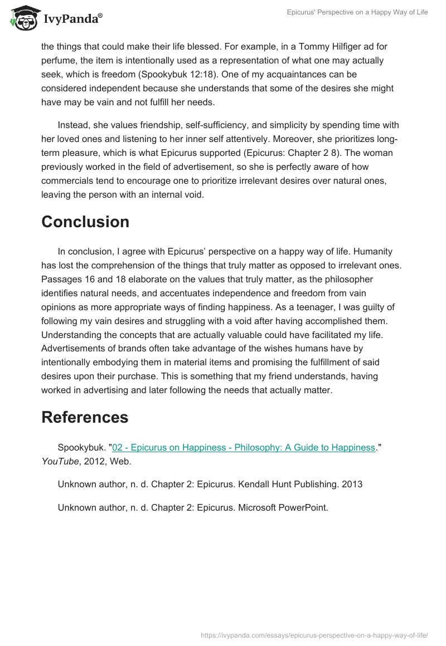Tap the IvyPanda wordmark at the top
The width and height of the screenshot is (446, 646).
[72, 19]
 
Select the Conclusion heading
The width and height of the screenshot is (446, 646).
[85, 222]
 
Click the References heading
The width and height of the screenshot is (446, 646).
[85, 417]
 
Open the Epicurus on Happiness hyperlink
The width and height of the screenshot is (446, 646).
[244, 447]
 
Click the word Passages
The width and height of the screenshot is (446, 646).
[60, 279]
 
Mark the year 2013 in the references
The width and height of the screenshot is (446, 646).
[351, 484]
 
